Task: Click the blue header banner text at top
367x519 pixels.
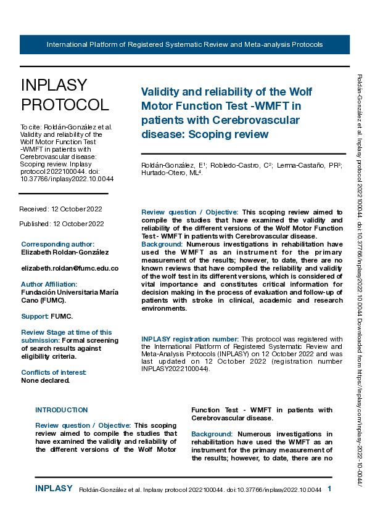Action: pyautogui.click(x=184, y=45)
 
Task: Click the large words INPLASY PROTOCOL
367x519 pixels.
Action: pyautogui.click(x=65, y=95)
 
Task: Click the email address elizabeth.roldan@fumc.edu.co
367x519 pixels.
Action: pyautogui.click(x=70, y=269)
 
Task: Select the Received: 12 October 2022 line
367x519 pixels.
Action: pyautogui.click(x=61, y=210)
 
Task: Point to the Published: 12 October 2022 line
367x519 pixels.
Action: pyautogui.click(x=62, y=224)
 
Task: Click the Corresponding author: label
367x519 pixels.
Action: pyautogui.click(x=57, y=244)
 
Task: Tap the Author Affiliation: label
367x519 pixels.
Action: pyautogui.click(x=49, y=284)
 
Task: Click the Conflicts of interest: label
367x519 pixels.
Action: pyautogui.click(x=54, y=372)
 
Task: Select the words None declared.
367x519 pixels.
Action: pyautogui.click(x=46, y=380)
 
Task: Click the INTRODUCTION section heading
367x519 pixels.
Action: pyautogui.click(x=62, y=410)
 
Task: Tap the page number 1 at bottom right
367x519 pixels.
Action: pyautogui.click(x=329, y=489)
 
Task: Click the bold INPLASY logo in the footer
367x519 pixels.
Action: pyautogui.click(x=54, y=489)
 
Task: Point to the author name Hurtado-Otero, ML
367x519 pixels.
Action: pyautogui.click(x=167, y=173)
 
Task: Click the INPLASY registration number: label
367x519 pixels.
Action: pyautogui.click(x=190, y=339)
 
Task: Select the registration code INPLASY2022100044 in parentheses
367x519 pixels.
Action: pyautogui.click(x=175, y=370)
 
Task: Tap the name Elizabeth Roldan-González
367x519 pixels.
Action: pyautogui.click(x=65, y=253)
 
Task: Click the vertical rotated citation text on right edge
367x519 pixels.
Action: pyautogui.click(x=360, y=277)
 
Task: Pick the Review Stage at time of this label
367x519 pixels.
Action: pyautogui.click(x=67, y=332)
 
